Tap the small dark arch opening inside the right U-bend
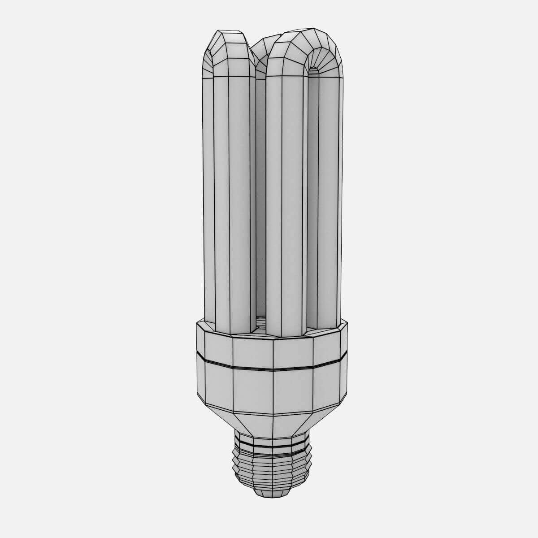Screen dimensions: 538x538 coord(314,72)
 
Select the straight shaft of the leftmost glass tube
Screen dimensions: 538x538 coord(226,202)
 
